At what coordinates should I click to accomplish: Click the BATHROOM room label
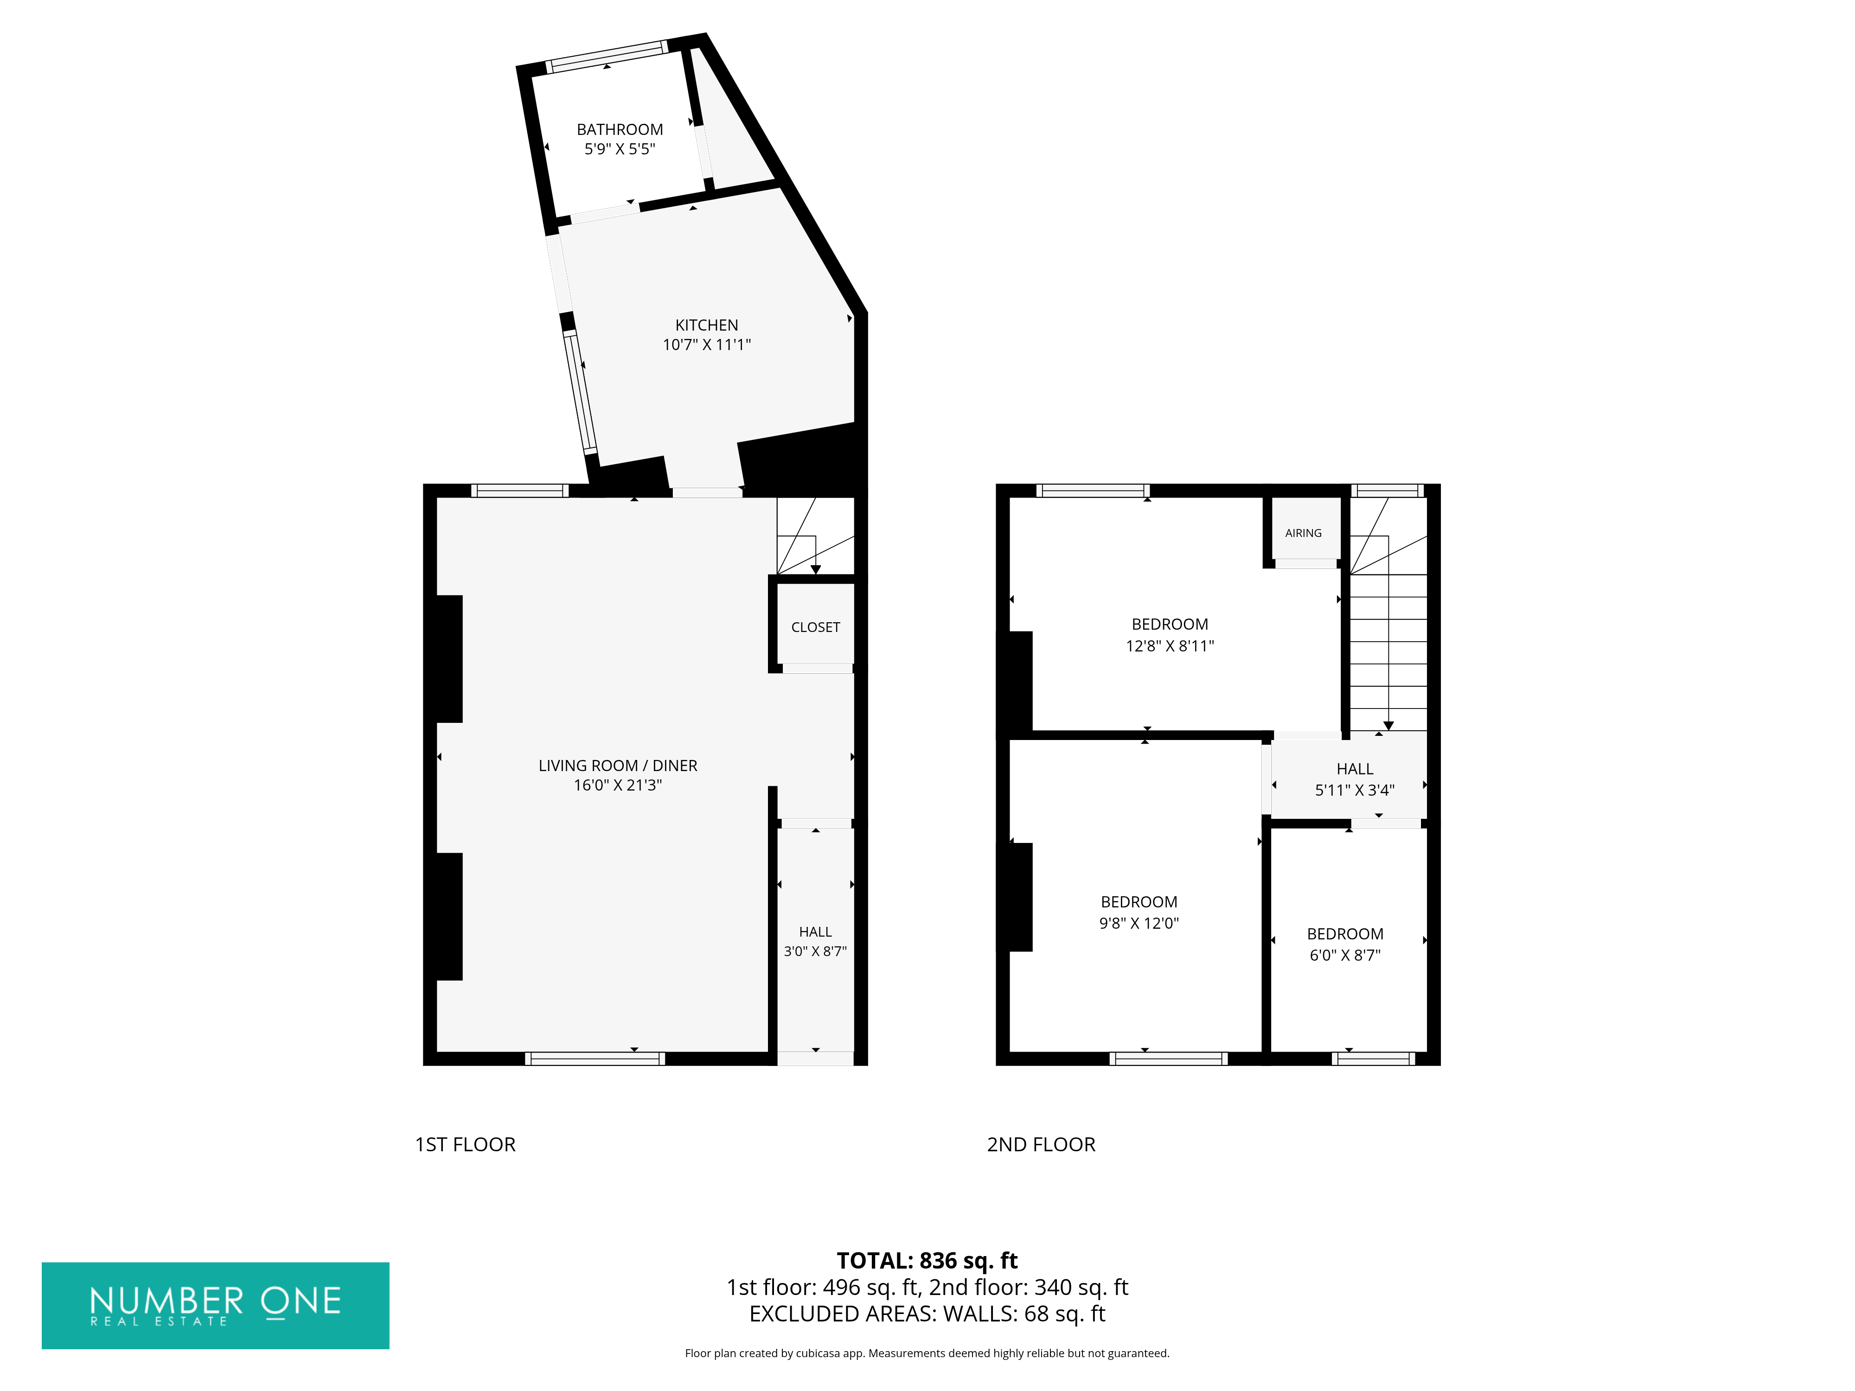coord(620,129)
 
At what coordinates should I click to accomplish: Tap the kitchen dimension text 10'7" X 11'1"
coord(706,345)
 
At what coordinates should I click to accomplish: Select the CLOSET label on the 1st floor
coord(815,627)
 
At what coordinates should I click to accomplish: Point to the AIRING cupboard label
coord(1303,533)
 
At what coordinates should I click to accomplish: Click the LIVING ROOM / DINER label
coord(618,766)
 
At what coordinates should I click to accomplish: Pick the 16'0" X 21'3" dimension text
coord(618,785)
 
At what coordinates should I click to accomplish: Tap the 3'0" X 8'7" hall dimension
coord(815,951)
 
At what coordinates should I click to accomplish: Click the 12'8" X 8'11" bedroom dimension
coord(1170,645)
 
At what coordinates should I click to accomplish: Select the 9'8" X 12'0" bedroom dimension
coord(1139,923)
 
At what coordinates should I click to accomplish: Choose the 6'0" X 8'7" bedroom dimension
coord(1345,955)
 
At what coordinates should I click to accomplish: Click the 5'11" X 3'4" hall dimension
coord(1354,790)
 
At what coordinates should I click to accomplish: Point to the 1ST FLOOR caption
coord(466,1144)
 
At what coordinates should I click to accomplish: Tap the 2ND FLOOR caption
coord(1041,1144)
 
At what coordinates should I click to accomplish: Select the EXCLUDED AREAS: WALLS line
coord(927,1314)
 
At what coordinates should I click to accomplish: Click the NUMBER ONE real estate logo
coord(216,1306)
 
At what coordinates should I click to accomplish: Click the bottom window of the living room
coord(595,1059)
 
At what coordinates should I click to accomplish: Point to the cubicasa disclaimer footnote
coord(927,1353)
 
